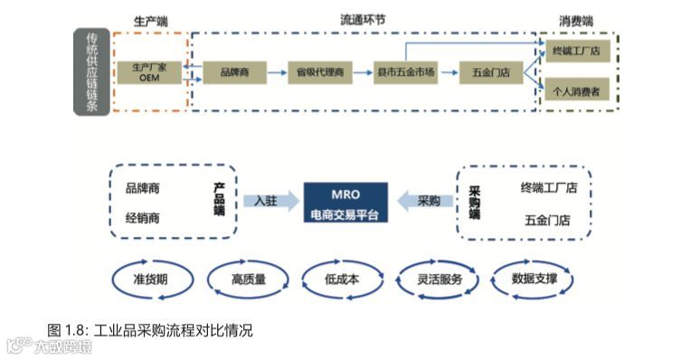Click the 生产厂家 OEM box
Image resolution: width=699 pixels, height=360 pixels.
(150, 72)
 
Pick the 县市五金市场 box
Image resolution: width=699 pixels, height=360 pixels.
(405, 72)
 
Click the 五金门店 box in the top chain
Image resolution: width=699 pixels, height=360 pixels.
(491, 72)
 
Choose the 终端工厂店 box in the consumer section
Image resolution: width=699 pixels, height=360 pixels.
(577, 52)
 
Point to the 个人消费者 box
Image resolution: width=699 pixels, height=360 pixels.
(577, 92)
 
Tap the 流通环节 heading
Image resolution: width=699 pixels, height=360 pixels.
(362, 19)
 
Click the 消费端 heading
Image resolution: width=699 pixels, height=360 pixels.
(576, 19)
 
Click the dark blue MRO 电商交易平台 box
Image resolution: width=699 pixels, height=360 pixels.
(345, 203)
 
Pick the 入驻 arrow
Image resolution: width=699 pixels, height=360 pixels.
(269, 201)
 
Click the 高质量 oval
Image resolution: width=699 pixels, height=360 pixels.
(248, 279)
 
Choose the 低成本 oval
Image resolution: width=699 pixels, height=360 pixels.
(342, 279)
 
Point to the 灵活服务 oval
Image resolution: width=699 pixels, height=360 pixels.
(439, 279)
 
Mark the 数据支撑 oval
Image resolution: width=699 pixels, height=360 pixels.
(534, 279)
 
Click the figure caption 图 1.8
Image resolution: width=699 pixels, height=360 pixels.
(150, 330)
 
